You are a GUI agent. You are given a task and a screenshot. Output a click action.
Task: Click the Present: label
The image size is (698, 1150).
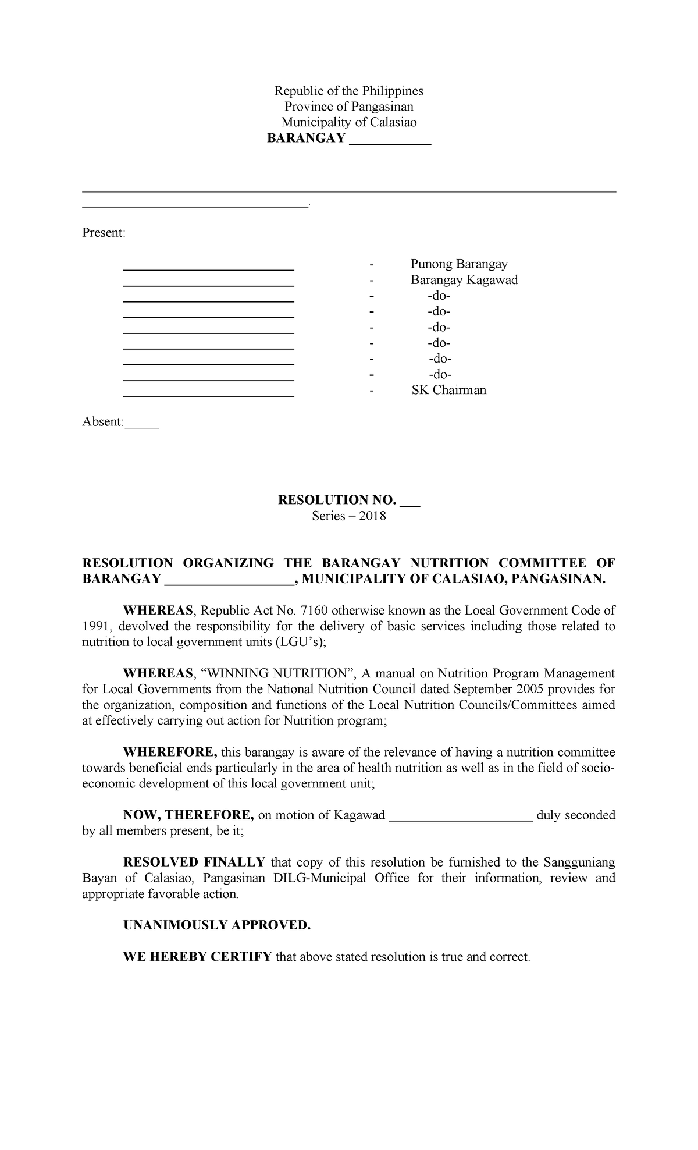point(104,233)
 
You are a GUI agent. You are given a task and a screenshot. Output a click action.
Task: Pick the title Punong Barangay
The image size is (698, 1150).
point(459,264)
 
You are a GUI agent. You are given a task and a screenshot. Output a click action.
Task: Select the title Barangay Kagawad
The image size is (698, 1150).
point(464,280)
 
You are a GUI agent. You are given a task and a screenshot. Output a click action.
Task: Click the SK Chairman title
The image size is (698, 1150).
point(448,390)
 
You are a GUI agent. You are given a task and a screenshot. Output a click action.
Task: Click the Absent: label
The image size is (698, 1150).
point(103,421)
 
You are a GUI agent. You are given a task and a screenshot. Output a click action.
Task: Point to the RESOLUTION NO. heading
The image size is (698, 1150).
point(337,500)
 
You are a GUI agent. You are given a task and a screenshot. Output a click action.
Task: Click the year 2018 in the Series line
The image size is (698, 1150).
point(372,516)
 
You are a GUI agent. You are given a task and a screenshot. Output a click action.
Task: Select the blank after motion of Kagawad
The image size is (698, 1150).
point(460,815)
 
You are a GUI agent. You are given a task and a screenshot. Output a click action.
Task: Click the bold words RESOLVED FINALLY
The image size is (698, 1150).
point(194,862)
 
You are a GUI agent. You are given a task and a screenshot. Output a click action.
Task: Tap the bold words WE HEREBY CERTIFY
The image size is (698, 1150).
point(197,957)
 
